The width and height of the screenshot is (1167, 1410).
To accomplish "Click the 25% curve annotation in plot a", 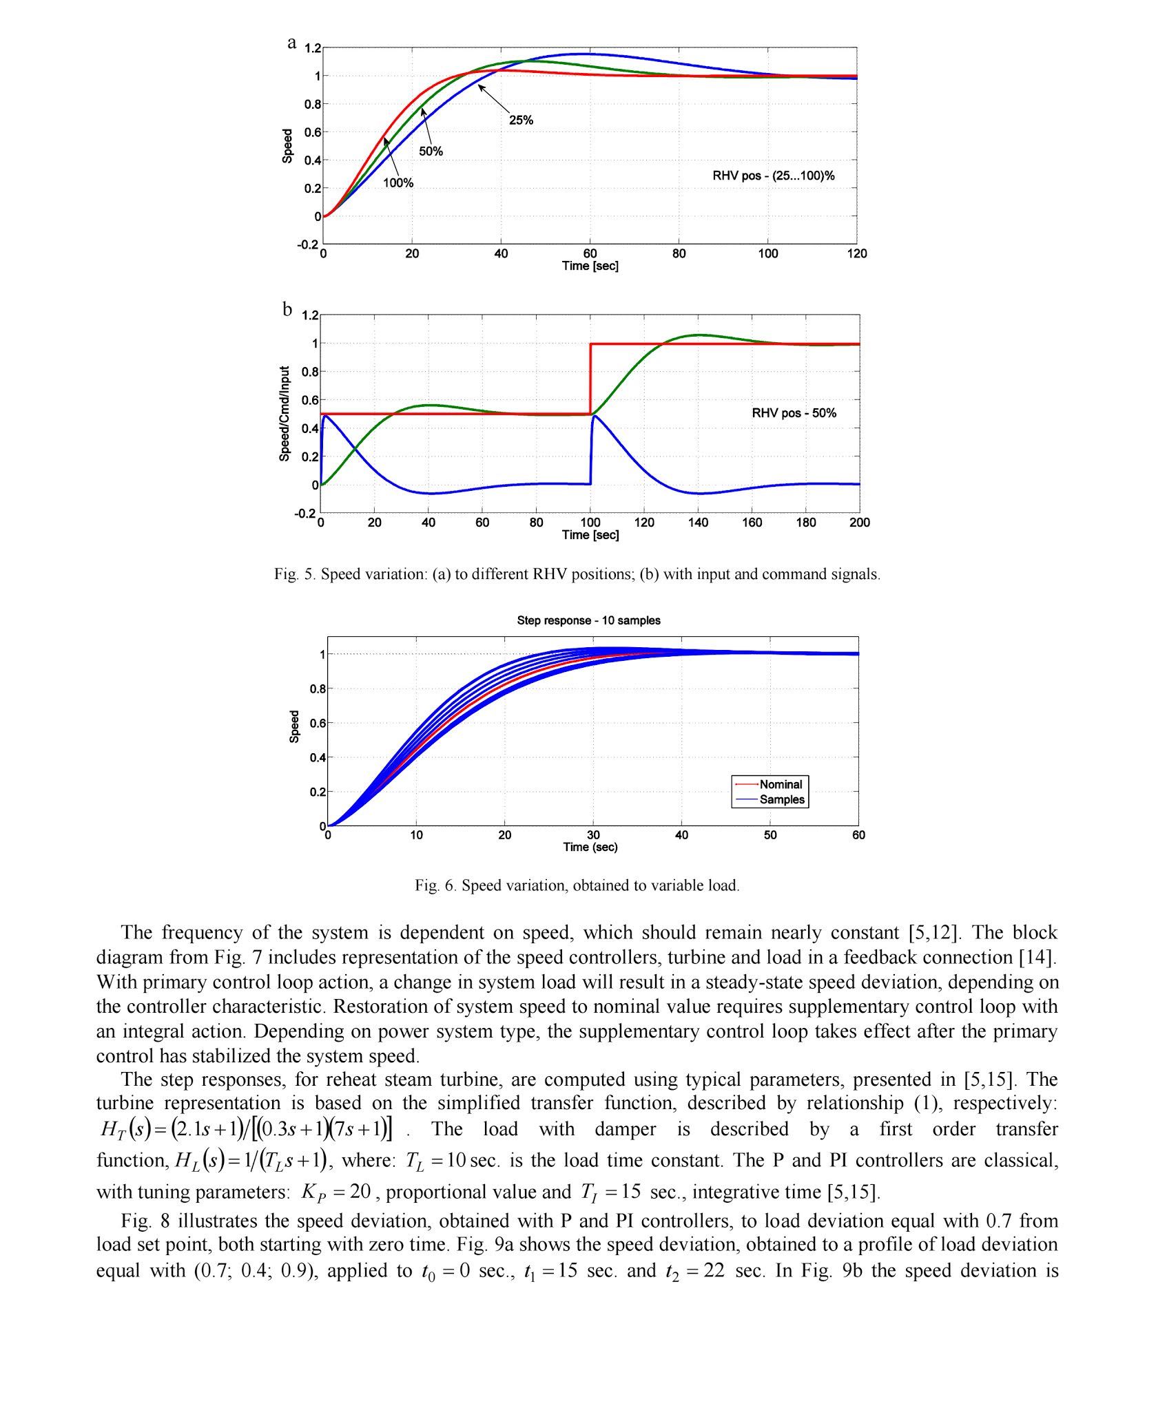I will point(521,120).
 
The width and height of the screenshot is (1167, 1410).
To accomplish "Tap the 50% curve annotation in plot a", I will point(431,151).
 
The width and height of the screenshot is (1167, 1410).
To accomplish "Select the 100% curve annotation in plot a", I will point(398,183).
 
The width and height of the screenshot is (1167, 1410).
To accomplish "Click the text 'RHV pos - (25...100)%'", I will point(773,176).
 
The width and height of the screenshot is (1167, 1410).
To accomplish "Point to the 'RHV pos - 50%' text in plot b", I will point(794,413).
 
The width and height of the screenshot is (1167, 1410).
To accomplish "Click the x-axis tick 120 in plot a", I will point(857,253).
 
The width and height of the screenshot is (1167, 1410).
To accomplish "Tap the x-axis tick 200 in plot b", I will point(859,523).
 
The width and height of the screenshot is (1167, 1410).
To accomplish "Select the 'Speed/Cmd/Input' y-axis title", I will point(285,414).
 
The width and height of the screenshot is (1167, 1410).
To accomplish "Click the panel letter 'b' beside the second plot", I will point(287,309).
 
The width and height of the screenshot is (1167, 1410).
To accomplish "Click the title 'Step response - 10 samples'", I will point(588,620).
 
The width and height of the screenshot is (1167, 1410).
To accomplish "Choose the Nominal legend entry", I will point(780,784).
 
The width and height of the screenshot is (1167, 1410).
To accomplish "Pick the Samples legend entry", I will point(781,799).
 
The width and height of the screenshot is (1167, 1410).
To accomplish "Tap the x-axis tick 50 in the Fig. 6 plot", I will point(770,835).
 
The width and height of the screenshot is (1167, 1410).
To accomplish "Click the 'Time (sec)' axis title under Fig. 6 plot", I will point(590,847).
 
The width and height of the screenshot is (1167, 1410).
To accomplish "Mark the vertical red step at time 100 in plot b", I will point(590,379).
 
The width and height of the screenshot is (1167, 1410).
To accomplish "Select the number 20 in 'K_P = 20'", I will point(360,1192).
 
